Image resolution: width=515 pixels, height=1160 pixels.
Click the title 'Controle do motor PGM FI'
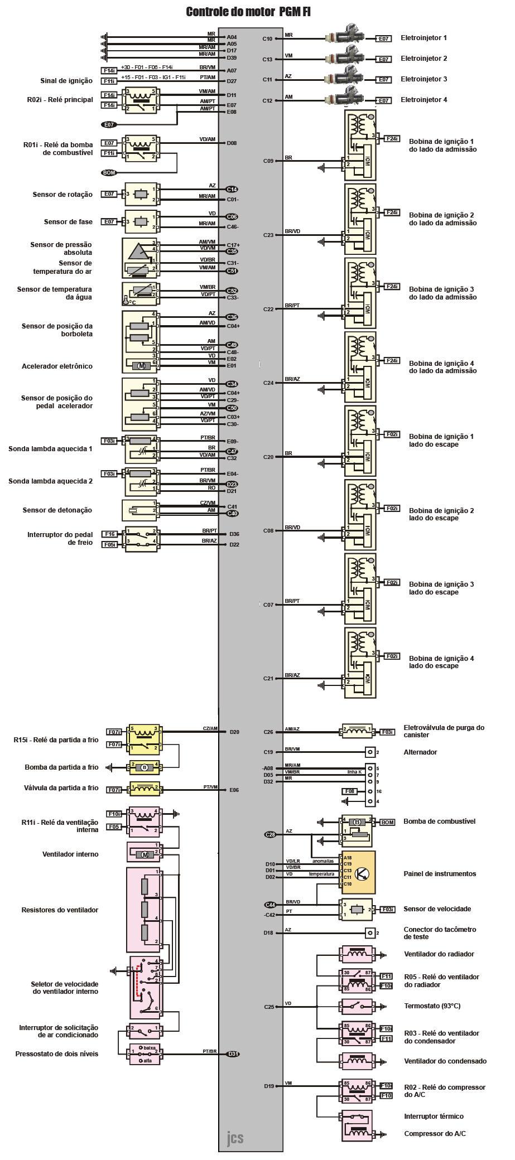248,12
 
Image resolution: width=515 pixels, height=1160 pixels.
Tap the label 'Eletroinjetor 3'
423,79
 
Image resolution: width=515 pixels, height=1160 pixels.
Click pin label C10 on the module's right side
267,38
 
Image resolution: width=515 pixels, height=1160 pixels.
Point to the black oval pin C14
232,189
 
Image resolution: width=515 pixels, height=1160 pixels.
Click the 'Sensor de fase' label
68,222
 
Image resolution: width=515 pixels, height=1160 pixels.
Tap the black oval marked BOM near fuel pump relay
109,173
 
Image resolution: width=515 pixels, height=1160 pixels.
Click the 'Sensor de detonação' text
57,510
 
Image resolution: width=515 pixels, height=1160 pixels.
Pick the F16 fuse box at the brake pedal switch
109,534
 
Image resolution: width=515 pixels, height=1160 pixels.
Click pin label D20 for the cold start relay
234,732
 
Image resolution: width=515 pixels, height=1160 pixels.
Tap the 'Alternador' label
420,752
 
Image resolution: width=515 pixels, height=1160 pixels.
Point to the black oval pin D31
233,1054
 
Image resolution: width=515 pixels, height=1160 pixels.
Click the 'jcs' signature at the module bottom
235,1138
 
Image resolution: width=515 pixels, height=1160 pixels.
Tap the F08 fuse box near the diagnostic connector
349,791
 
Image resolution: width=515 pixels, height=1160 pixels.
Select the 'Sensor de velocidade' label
437,909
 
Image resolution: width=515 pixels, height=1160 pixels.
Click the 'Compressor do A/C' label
435,1134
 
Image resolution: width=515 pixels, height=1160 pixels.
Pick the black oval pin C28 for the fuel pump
271,834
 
